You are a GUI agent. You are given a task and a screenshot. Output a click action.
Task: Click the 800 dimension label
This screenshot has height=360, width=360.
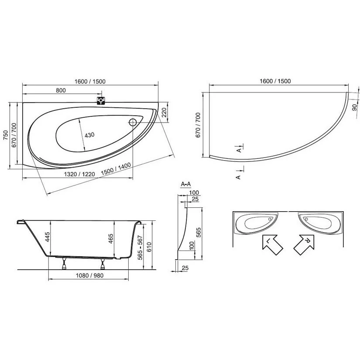(61, 90)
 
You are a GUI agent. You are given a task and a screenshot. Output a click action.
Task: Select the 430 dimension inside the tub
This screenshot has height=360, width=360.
(89, 135)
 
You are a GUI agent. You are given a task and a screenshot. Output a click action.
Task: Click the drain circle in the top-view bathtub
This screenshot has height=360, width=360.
(134, 122)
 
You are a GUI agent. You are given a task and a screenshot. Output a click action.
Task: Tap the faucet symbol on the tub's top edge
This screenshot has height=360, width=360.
(101, 100)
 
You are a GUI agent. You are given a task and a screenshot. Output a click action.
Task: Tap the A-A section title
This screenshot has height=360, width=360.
(185, 185)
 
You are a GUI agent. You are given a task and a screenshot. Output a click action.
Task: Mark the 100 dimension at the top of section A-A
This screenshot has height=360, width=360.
(194, 192)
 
